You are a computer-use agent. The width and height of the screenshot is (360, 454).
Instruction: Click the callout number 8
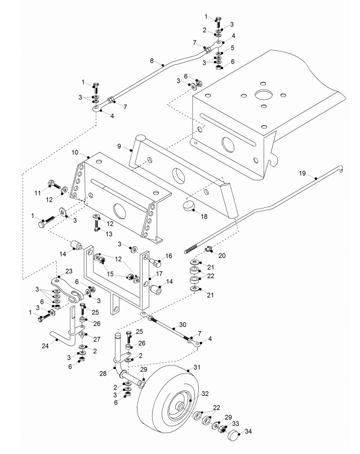pos(152,61)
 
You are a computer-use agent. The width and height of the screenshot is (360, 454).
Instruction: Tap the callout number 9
pos(119,146)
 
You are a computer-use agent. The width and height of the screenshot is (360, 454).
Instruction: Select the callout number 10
pos(75,152)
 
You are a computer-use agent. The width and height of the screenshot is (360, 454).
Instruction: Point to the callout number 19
pos(302,173)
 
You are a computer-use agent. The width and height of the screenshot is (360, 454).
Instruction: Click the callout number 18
pos(204,216)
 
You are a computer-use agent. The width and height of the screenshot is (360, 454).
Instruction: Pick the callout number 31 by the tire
pos(197,367)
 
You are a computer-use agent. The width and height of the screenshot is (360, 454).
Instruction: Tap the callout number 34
pos(248,431)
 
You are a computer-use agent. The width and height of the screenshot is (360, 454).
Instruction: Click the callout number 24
pos(45,345)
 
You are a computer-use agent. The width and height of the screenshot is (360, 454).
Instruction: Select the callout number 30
pos(183,324)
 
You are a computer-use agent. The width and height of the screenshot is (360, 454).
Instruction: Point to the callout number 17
pos(159,274)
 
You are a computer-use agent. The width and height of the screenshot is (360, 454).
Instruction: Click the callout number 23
pos(69,271)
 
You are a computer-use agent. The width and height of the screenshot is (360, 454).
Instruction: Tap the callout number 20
pos(222,255)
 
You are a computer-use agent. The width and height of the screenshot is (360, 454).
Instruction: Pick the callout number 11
pos(38,193)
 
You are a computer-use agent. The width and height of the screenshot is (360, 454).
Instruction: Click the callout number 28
pos(103,373)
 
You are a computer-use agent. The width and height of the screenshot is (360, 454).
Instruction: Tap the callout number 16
pos(168,256)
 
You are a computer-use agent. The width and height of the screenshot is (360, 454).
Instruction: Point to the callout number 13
pos(109,234)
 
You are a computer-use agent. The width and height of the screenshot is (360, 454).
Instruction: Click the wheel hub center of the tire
pos(180,407)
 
